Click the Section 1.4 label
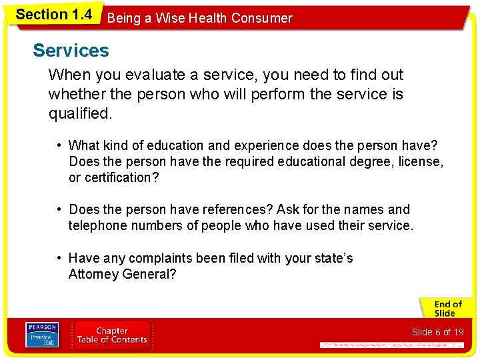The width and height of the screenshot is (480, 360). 53,14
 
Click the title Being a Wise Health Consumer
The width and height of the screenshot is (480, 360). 199,18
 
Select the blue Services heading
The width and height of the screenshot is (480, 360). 71,51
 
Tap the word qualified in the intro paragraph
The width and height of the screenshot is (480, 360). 79,114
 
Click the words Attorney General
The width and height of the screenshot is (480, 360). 122,274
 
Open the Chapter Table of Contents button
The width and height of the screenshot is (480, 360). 112,335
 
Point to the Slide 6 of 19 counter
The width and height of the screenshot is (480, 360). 437,332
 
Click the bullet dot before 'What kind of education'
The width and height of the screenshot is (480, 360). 59,145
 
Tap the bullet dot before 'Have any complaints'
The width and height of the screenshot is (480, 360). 59,258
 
